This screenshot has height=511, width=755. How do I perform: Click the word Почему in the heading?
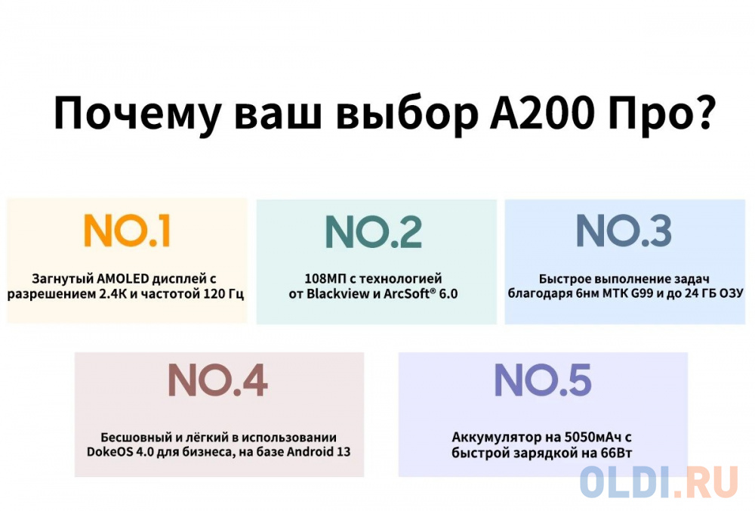coord(137,114)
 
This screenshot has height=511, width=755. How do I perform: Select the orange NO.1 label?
coord(127,231)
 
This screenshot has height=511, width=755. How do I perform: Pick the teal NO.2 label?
coord(374,232)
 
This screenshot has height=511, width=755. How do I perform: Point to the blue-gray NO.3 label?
coord(624,231)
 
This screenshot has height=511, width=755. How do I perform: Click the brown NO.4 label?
coord(217,380)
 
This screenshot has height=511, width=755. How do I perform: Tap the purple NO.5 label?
coord(543,380)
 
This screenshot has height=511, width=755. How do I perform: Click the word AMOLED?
coord(123,279)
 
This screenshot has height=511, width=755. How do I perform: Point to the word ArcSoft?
coord(405,293)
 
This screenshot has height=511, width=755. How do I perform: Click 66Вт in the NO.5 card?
coord(616,453)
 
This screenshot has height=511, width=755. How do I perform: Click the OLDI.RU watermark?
coord(659,482)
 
